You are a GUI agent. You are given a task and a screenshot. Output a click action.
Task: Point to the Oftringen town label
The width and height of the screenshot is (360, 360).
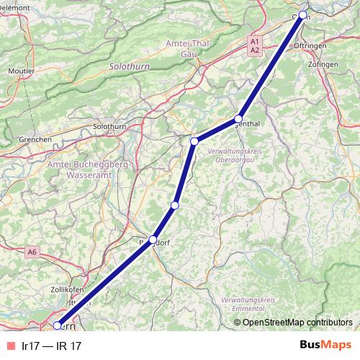point(310,45)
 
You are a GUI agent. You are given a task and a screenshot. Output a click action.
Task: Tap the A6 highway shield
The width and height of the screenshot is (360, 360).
point(32,252)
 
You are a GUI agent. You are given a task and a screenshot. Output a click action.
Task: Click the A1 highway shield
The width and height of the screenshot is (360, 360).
point(255,43)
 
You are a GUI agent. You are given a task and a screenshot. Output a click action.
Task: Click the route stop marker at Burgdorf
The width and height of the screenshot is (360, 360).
point(153,240)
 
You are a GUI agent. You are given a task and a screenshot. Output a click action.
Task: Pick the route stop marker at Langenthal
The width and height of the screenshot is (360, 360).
point(238,119)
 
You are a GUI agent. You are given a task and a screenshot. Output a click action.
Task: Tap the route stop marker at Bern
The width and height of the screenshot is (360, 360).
point(58,325)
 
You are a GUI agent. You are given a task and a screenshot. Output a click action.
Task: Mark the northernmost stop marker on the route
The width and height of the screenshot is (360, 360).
point(303,15)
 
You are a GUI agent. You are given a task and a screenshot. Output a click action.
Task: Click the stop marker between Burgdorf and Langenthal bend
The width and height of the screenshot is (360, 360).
point(174,206)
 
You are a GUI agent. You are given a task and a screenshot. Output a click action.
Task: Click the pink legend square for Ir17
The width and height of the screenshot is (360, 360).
point(10,346)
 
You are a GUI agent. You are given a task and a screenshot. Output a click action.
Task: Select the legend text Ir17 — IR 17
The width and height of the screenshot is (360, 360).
point(52,346)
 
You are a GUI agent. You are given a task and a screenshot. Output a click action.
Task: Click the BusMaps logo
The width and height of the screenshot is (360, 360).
point(325,346)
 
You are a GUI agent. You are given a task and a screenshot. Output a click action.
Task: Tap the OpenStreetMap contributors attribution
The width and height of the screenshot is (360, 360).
point(297,322)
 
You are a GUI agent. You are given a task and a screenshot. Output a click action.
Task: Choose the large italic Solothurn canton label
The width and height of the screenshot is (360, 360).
point(129,66)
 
